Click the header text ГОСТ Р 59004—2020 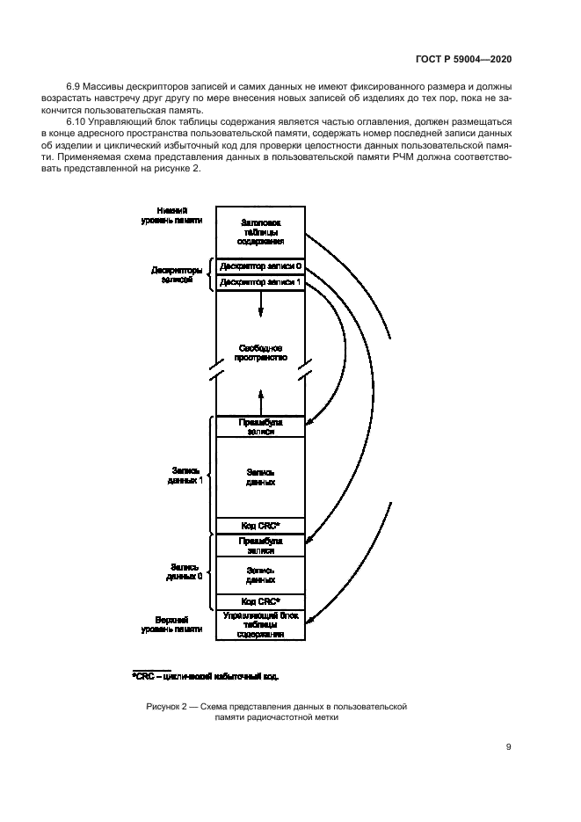(x=463, y=59)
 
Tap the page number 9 (x=509, y=747)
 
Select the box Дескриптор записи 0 (x=260, y=266)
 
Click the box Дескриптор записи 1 (x=260, y=282)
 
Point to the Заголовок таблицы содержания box (x=260, y=231)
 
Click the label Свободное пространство (x=260, y=354)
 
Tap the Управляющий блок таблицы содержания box (x=260, y=624)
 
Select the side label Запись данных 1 (x=185, y=476)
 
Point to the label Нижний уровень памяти (x=172, y=215)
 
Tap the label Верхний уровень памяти (x=173, y=624)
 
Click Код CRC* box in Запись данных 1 (x=260, y=525)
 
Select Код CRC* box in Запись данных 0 (x=260, y=601)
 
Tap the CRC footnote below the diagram (x=206, y=676)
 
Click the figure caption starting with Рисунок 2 (x=275, y=710)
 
